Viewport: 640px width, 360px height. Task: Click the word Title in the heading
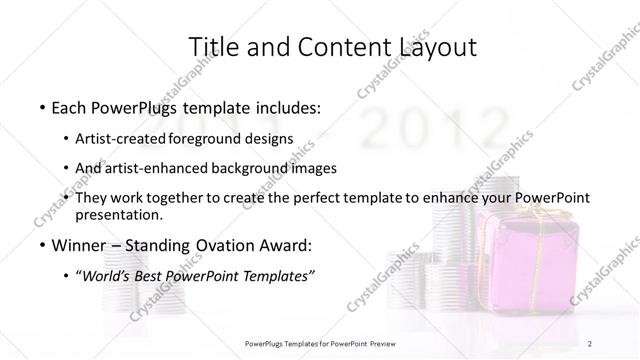pyautogui.click(x=214, y=47)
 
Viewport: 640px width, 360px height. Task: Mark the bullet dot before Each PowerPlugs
pyautogui.click(x=41, y=107)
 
